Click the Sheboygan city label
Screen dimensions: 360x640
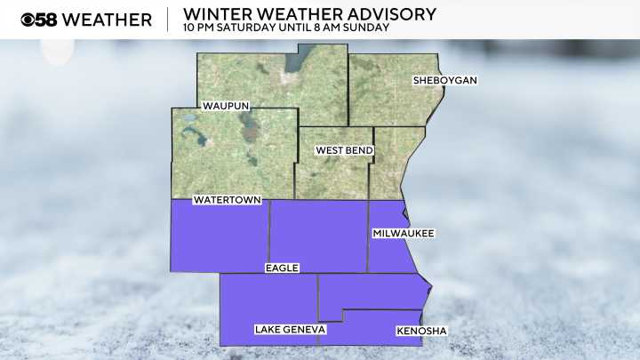(x=445, y=81)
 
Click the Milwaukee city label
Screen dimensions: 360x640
(x=402, y=233)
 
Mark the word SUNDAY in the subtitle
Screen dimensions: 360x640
(x=367, y=28)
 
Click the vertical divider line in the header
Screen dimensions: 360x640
(x=167, y=19)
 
